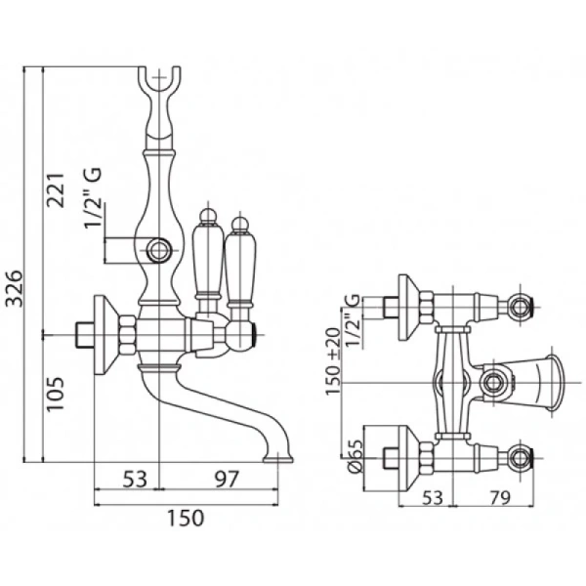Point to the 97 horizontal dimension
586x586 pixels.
(226, 479)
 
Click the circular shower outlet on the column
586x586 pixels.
(161, 248)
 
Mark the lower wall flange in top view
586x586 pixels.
(414, 454)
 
